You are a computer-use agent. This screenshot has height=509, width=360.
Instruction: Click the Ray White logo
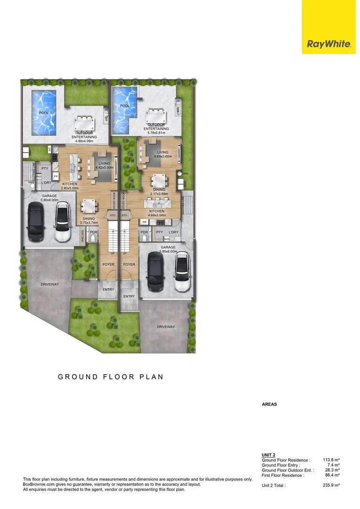pyautogui.click(x=329, y=44)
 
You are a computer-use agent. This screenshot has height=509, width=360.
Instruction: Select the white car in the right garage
pyautogui.click(x=181, y=272)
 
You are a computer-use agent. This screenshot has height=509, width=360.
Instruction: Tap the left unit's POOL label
pyautogui.click(x=44, y=113)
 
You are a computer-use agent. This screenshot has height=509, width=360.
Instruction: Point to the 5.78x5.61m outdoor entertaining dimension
pyautogui.click(x=155, y=133)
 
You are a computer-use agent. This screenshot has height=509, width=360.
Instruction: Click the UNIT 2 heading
pyautogui.click(x=268, y=455)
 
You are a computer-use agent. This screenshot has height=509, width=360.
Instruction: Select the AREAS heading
pyautogui.click(x=270, y=404)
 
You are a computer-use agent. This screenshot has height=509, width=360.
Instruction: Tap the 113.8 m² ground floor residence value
pyautogui.click(x=332, y=460)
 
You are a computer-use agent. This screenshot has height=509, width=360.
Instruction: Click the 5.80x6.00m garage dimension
pyautogui.click(x=49, y=200)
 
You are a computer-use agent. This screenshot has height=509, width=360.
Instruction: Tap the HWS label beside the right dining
pyautogui.click(x=185, y=173)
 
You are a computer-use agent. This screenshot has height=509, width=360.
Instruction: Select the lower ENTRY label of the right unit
pyautogui.click(x=129, y=296)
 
